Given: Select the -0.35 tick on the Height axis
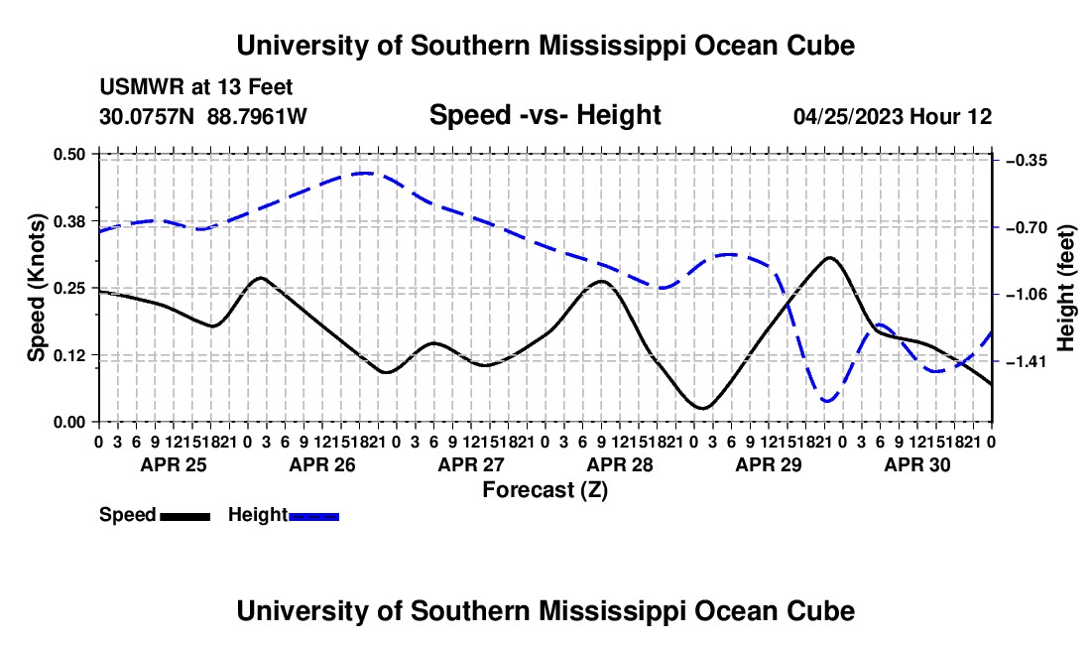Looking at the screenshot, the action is pyautogui.click(x=1026, y=161).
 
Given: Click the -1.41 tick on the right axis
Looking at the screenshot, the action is pyautogui.click(x=1026, y=361).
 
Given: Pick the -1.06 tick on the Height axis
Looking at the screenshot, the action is pyautogui.click(x=1026, y=295).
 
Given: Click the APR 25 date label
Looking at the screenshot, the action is pyautogui.click(x=174, y=464).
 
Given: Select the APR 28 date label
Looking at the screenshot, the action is pyautogui.click(x=620, y=464).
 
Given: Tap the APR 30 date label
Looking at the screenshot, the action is pyautogui.click(x=917, y=464).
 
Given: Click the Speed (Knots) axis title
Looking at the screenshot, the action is pyautogui.click(x=37, y=288).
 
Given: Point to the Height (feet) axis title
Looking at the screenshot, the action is pyautogui.click(x=1065, y=288).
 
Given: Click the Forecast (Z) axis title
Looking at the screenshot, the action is pyautogui.click(x=545, y=490).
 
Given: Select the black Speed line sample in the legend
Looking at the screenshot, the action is pyautogui.click(x=185, y=517).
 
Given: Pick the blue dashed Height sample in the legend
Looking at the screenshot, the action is pyautogui.click(x=313, y=517).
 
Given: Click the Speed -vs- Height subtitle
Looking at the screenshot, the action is pyautogui.click(x=545, y=115).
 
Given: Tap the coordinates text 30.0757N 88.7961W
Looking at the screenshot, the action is pyautogui.click(x=203, y=116).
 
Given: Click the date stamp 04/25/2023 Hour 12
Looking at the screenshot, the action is pyautogui.click(x=893, y=116).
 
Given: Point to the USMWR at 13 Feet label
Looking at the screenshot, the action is pyautogui.click(x=196, y=87).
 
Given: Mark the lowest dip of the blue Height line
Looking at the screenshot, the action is pyautogui.click(x=827, y=401).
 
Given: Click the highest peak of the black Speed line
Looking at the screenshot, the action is pyautogui.click(x=829, y=257).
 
